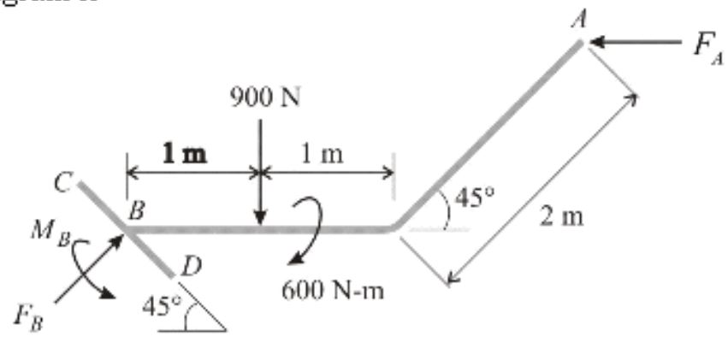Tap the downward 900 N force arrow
(259, 171)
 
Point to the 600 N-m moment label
(332, 291)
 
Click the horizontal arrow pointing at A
(637, 41)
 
